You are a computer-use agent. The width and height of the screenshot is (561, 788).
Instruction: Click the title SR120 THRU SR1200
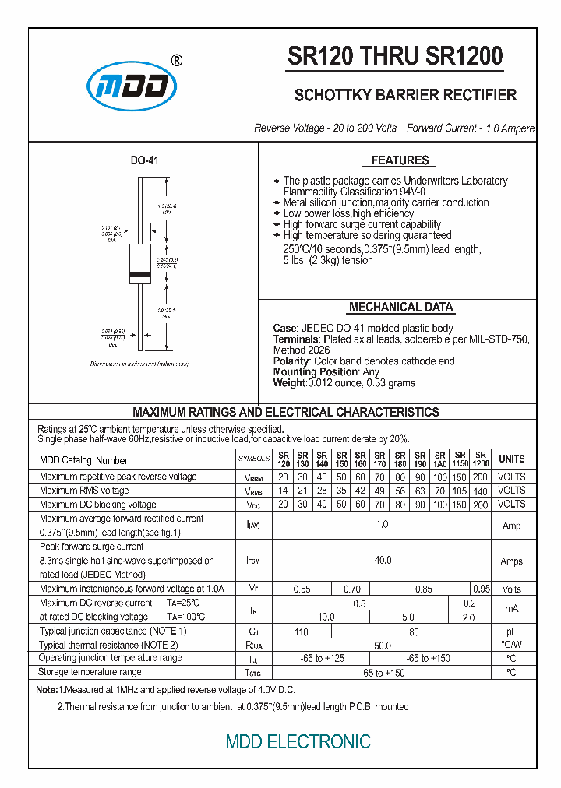click(396, 56)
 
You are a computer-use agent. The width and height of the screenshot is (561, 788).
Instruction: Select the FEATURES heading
click(400, 160)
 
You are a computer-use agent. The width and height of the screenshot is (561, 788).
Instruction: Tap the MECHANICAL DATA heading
click(400, 307)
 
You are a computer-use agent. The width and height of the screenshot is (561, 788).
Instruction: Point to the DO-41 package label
click(144, 160)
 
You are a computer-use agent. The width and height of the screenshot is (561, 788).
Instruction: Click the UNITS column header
click(512, 459)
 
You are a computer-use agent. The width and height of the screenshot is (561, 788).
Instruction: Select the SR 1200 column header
click(481, 459)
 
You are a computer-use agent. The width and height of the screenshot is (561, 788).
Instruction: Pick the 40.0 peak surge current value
click(383, 560)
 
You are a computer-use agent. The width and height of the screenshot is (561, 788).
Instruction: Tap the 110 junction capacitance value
click(301, 631)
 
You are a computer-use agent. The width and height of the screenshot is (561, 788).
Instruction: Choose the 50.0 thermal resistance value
click(383, 646)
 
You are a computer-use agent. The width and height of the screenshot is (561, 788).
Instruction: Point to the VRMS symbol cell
click(253, 491)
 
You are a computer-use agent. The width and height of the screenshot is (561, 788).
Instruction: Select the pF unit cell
click(512, 631)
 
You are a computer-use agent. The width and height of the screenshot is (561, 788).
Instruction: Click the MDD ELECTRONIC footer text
click(298, 742)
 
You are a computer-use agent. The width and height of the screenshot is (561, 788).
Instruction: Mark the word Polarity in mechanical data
click(291, 361)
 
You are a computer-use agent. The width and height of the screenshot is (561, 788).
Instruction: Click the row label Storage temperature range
click(90, 672)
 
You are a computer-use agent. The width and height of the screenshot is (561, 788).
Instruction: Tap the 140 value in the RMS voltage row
click(481, 491)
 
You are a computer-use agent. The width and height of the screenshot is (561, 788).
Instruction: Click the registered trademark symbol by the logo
click(176, 60)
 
